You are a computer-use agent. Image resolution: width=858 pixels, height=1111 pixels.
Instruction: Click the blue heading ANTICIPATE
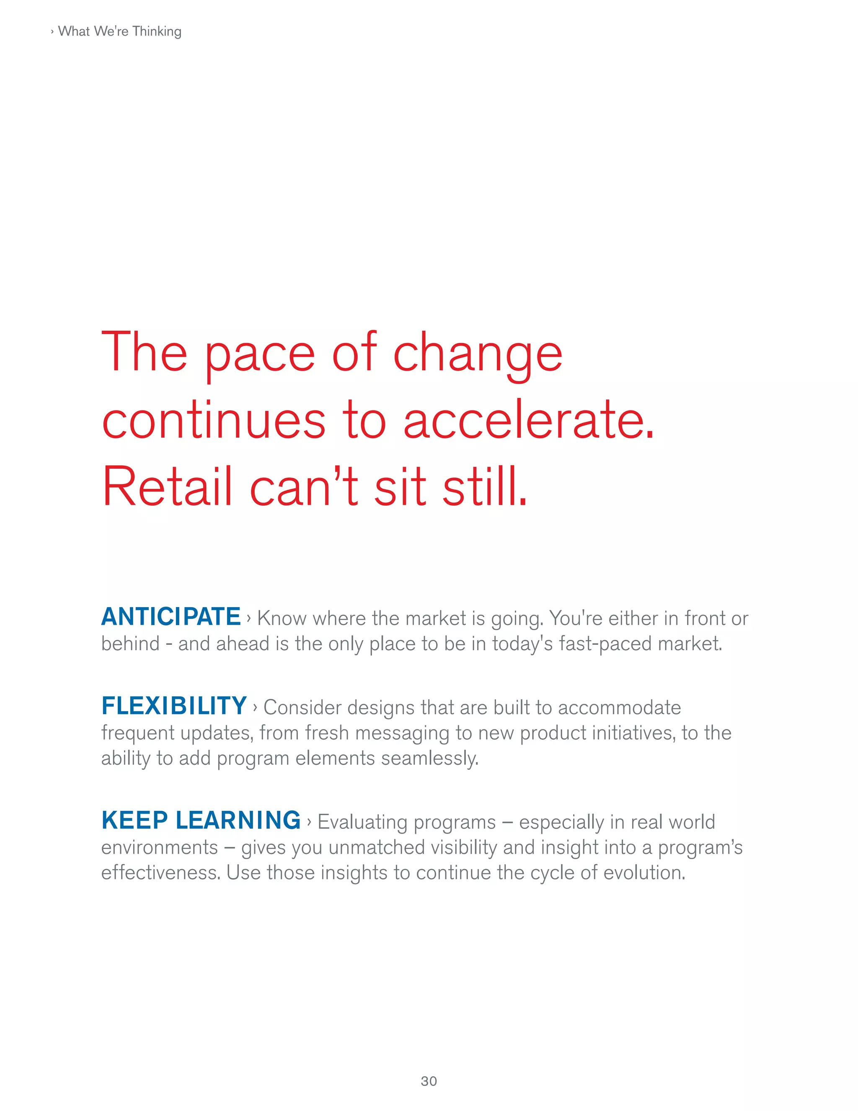click(x=171, y=617)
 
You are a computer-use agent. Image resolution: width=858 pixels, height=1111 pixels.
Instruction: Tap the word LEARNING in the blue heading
click(x=238, y=820)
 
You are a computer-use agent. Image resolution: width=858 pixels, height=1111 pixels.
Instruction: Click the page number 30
click(x=429, y=1081)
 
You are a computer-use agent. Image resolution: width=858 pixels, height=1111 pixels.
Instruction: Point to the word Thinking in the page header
click(x=157, y=31)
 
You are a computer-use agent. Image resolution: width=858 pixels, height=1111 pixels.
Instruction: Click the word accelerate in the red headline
click(x=528, y=421)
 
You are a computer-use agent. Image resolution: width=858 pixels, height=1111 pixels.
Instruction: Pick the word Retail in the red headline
click(x=167, y=487)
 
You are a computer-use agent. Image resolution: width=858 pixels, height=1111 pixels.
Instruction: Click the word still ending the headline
click(x=484, y=487)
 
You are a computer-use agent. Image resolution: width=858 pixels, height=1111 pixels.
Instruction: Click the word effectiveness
click(x=160, y=873)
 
